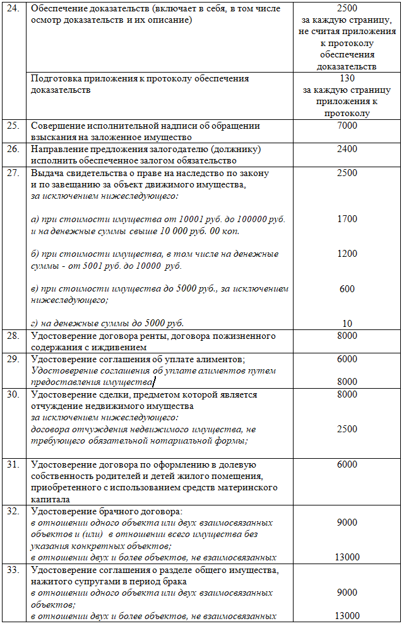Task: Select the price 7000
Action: [x=347, y=126]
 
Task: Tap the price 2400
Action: [x=347, y=149]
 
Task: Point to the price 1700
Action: [x=347, y=219]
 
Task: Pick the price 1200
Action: [x=347, y=254]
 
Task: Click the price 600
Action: [x=347, y=289]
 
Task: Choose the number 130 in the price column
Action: [x=347, y=79]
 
